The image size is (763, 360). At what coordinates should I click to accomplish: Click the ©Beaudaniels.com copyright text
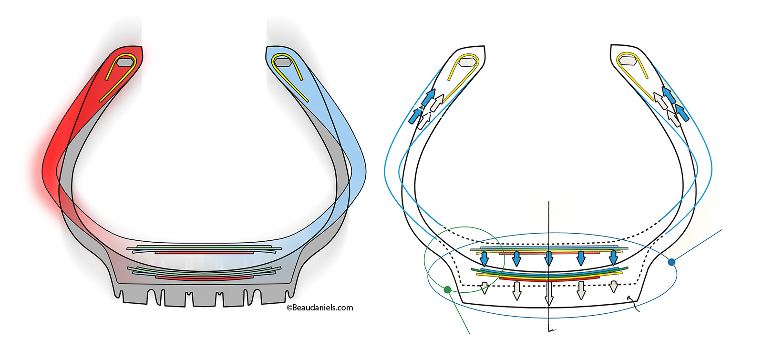[320, 308]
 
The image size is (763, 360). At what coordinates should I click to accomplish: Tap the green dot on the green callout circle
[447, 289]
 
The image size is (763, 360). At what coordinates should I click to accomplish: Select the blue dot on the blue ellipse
[672, 262]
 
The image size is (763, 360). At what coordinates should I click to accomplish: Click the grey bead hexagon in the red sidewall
[125, 62]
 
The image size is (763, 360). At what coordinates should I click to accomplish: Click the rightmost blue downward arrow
[614, 258]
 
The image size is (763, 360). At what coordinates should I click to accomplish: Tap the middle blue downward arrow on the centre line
[549, 258]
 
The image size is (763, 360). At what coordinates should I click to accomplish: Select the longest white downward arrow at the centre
[549, 293]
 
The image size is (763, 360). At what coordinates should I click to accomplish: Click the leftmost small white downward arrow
[485, 288]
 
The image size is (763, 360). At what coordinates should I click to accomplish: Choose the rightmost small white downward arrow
[614, 287]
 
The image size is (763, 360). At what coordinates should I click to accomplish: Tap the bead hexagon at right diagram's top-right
[628, 61]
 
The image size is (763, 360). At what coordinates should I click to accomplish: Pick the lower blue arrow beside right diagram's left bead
[416, 115]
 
